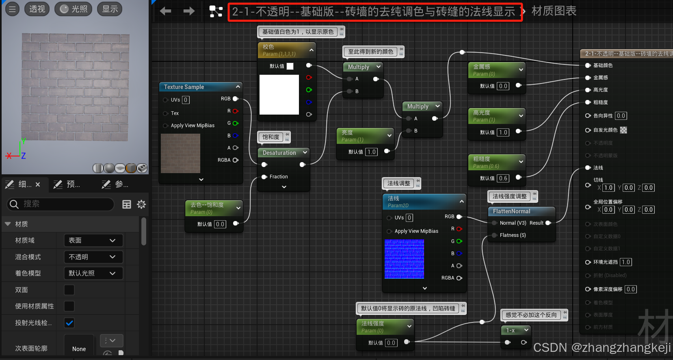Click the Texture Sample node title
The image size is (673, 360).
tap(184, 87)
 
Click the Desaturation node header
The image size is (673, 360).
tap(279, 153)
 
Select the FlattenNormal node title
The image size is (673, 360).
tap(511, 211)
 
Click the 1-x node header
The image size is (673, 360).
tap(511, 330)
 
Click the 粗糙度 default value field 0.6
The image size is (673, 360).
tap(503, 178)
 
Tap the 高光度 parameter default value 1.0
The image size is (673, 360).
tap(503, 132)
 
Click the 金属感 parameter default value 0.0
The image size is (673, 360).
tap(503, 86)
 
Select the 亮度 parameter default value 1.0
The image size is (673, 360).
tap(371, 152)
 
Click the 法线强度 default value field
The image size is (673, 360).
tap(391, 343)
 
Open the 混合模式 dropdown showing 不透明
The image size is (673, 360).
tap(93, 257)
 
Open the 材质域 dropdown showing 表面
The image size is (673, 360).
tap(93, 241)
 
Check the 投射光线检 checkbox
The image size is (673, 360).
tap(69, 323)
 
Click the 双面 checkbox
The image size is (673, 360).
tap(69, 290)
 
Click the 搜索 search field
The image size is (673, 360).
tap(61, 204)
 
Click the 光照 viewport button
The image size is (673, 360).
tap(74, 9)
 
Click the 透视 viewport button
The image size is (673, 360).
tap(37, 9)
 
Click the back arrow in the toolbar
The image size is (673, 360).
tap(165, 11)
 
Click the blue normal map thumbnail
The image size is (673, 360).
tap(404, 259)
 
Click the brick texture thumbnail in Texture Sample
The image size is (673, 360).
tap(180, 153)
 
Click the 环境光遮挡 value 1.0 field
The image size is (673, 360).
tap(625, 262)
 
